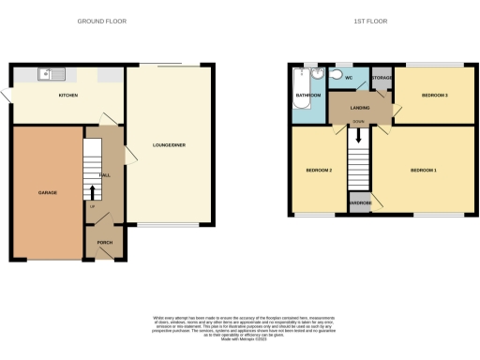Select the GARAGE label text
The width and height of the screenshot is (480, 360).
[47, 193]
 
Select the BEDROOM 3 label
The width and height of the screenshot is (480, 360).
[433, 96]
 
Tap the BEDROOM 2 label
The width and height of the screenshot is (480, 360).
[319, 170]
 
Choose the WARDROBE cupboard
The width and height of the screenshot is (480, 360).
[360, 203]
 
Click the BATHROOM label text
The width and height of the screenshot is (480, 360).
[309, 96]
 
